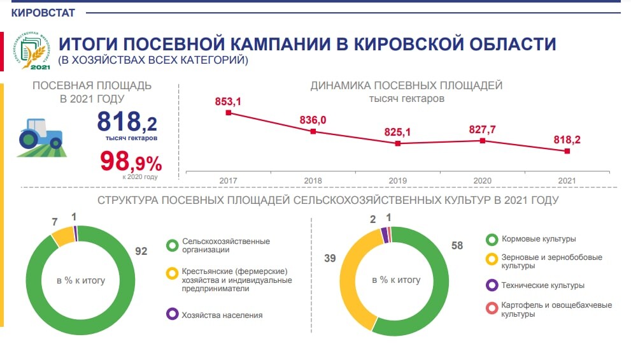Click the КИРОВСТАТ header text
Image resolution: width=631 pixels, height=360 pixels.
(43, 12)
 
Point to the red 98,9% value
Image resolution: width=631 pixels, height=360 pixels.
(131, 161)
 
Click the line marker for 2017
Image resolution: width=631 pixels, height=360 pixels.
(228, 113)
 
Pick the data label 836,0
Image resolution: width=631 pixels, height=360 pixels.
(313, 120)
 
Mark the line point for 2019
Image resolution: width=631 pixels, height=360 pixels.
(398, 143)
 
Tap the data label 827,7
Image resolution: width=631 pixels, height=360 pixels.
(483, 129)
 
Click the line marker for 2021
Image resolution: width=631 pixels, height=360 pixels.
(567, 151)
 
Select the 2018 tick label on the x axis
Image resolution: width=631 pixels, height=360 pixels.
(313, 181)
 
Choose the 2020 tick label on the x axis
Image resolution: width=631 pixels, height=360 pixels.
(483, 181)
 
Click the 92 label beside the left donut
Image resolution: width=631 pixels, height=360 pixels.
(141, 251)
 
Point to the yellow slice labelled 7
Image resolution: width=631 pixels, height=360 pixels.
(62, 236)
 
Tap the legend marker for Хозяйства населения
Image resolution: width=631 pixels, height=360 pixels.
(172, 314)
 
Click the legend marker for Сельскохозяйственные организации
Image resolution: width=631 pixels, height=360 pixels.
(172, 245)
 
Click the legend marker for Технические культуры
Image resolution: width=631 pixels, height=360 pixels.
(491, 285)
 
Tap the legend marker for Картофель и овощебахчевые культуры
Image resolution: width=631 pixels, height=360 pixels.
(491, 309)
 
